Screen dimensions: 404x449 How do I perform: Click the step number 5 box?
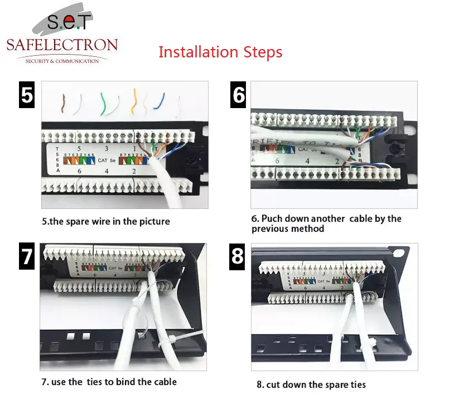27,94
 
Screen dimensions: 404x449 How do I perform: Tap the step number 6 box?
239,94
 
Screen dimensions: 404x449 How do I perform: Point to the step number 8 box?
239,256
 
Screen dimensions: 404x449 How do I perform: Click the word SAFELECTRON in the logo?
62,45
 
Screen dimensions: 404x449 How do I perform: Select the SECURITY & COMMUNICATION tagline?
62,60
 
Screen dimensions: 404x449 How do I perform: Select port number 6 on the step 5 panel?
80,171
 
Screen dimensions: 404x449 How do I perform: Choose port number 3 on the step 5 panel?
107,149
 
